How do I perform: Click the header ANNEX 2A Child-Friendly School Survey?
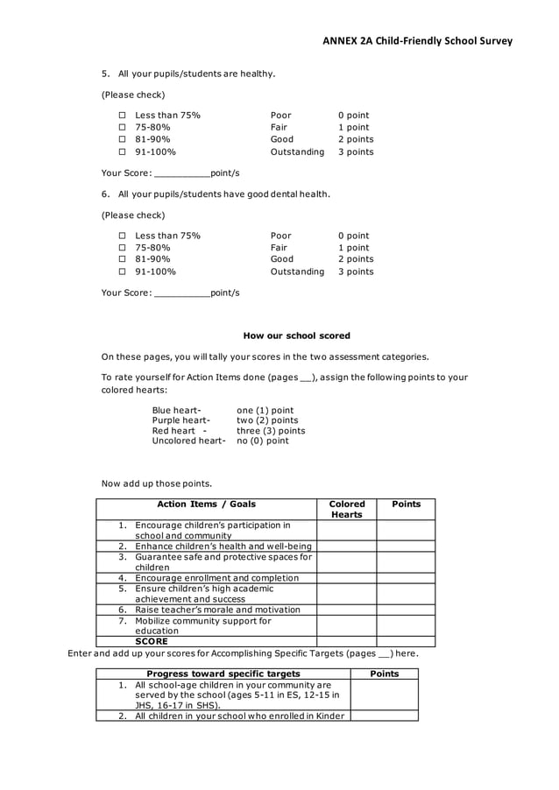click(416, 40)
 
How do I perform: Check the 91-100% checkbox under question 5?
click(123, 152)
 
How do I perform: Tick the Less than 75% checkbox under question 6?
click(123, 236)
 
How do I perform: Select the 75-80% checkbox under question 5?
click(123, 128)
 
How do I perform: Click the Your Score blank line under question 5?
click(181, 173)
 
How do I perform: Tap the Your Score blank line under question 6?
click(181, 293)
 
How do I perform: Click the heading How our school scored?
click(296, 335)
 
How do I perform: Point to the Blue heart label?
click(176, 410)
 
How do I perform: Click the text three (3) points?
click(271, 431)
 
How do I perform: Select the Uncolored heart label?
click(188, 441)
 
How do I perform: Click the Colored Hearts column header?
click(346, 509)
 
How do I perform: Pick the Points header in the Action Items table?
click(406, 504)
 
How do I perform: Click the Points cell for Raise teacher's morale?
click(406, 610)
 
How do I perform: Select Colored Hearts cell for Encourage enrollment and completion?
click(346, 578)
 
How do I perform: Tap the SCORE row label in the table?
click(151, 641)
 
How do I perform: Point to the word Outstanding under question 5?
click(297, 152)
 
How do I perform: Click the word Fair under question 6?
click(279, 248)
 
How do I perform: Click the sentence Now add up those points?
click(157, 483)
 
